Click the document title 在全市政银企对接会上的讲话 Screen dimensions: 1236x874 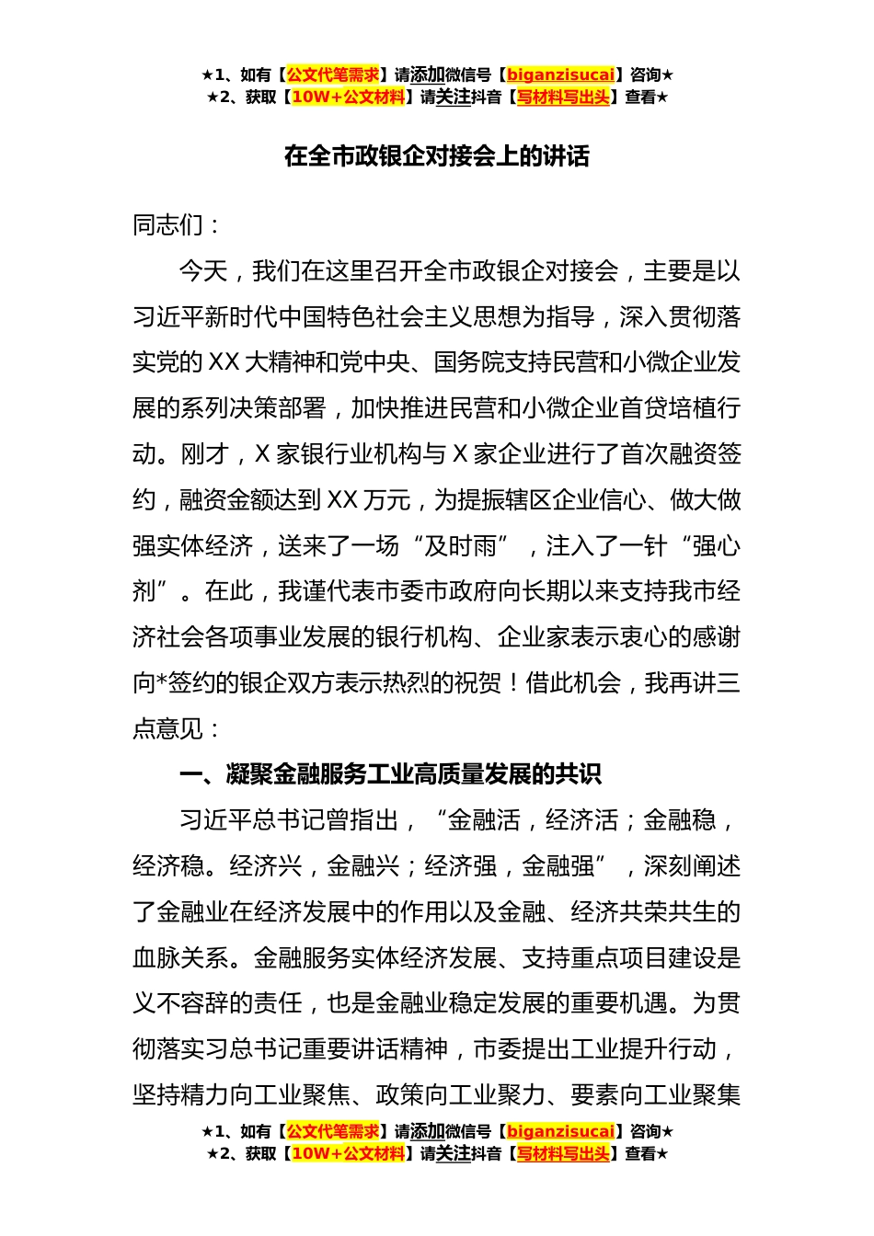click(436, 156)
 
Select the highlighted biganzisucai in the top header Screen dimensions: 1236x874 click(560, 74)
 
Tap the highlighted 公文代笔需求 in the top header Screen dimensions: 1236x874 click(332, 74)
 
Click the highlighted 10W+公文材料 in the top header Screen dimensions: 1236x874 click(348, 97)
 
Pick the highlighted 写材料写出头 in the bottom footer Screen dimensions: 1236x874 click(562, 1153)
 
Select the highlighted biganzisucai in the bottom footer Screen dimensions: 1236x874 click(560, 1131)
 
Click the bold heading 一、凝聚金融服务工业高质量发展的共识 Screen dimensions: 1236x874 click(390, 774)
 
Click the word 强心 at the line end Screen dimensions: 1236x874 click(717, 546)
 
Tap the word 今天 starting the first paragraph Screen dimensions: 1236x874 click(203, 271)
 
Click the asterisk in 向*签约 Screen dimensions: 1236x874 click(161, 683)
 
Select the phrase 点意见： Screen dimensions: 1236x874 click(177, 729)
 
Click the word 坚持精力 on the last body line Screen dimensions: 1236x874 click(180, 1094)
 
